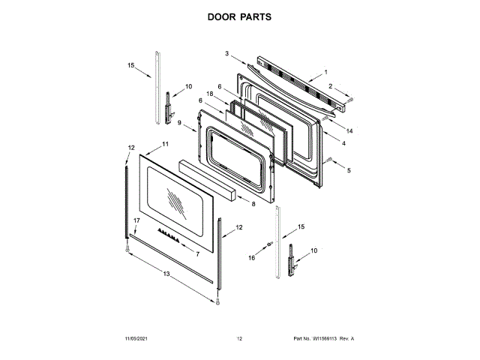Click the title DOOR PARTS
click(240, 16)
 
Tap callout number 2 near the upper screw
click(226, 53)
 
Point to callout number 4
click(347, 169)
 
